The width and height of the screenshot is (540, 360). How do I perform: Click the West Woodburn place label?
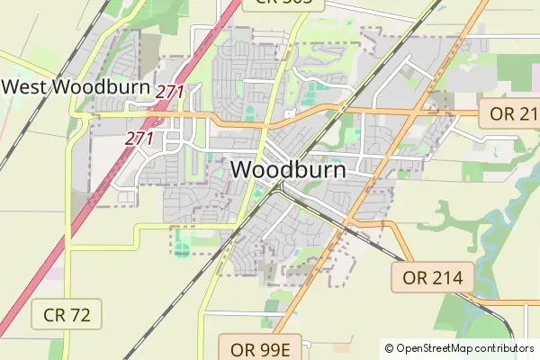77,87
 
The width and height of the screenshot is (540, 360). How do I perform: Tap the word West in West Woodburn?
25,87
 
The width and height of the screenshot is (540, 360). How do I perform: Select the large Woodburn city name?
287,168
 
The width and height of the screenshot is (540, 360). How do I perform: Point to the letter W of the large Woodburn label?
243,168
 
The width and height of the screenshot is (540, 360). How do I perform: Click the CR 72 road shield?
67,315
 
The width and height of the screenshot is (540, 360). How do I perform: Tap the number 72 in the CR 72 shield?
79,315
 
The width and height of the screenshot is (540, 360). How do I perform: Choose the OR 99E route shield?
265,347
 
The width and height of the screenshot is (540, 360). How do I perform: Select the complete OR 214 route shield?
432,278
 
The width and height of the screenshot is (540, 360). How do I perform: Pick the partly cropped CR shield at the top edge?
283,3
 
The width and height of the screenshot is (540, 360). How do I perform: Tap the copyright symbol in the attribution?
389,348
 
